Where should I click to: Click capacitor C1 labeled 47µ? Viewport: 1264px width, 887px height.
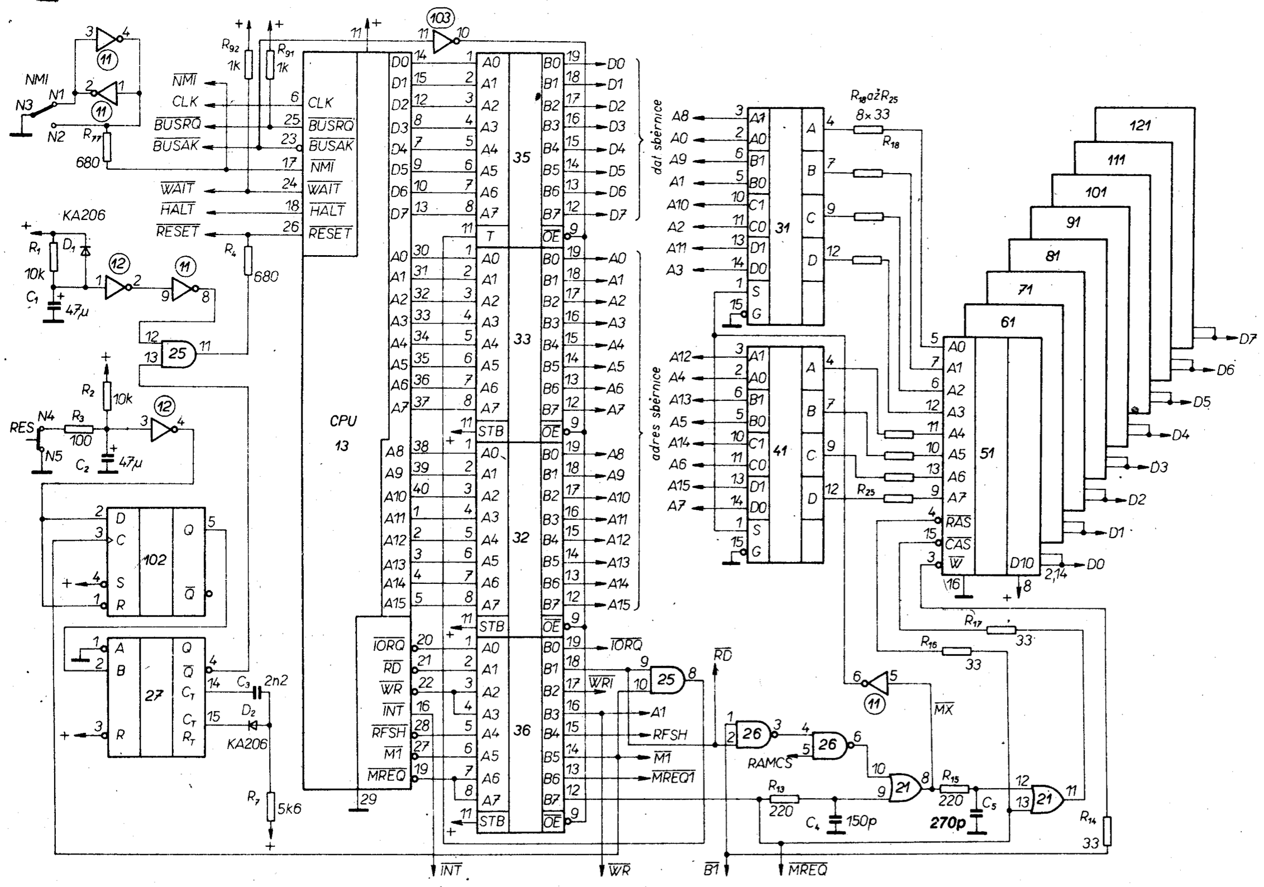(54, 308)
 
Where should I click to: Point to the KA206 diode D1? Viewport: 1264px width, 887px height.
(85, 251)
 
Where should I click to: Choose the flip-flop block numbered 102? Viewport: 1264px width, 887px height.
(155, 559)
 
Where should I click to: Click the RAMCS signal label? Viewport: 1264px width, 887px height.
(769, 763)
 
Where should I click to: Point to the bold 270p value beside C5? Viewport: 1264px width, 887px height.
(948, 823)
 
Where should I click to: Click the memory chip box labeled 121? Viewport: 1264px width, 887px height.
(1139, 125)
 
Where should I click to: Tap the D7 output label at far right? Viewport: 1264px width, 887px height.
(1247, 338)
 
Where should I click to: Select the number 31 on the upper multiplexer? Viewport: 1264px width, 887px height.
(783, 228)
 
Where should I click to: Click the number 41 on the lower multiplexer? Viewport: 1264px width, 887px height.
(780, 450)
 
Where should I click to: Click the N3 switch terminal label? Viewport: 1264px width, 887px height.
(23, 105)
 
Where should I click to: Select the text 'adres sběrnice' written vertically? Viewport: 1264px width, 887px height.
(656, 413)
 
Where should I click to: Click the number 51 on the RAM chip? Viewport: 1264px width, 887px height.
(986, 453)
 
